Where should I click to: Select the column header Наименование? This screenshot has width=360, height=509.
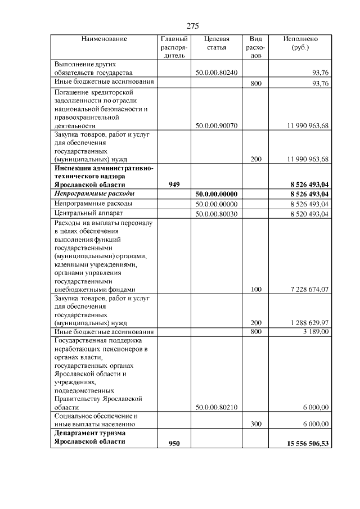point(104,39)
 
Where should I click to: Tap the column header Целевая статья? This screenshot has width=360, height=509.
point(216,43)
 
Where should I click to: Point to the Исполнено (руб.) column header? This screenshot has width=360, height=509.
point(301,43)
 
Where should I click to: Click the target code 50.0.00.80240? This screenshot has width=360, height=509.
point(216,73)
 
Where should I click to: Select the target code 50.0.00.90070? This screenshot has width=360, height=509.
point(216,126)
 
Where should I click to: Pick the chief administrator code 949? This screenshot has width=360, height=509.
point(174,184)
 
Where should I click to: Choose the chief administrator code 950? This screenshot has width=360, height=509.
point(174,443)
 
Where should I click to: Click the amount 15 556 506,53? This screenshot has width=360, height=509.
point(307,443)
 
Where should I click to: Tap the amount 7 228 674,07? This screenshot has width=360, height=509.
point(309,289)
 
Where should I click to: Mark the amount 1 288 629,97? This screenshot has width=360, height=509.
point(309,323)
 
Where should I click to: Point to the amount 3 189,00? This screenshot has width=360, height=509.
point(316,332)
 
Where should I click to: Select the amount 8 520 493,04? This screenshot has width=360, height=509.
point(309,214)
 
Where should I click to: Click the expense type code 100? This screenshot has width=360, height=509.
point(256,289)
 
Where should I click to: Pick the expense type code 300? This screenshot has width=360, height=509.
point(256,424)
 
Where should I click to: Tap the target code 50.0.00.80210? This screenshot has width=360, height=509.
point(216,407)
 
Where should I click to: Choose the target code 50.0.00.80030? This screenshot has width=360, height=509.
point(216,214)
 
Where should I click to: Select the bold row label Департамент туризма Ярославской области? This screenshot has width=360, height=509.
point(90,438)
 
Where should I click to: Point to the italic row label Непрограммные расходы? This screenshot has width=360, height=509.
point(90,194)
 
